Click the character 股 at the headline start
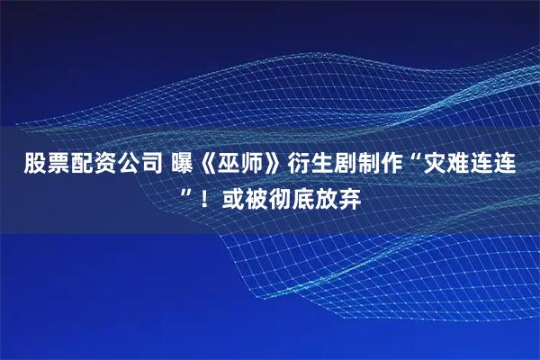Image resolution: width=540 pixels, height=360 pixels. tap(33, 166)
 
